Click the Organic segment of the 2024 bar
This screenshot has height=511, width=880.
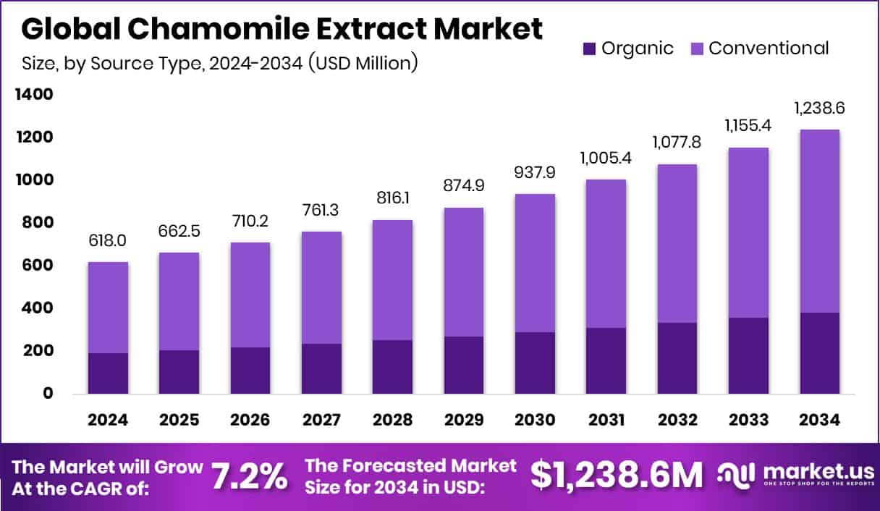(x=108, y=373)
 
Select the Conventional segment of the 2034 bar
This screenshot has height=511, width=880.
(x=820, y=221)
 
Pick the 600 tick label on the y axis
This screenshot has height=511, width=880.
(x=37, y=266)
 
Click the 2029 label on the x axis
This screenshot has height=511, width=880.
(x=464, y=421)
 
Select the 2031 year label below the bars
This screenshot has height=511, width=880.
(x=606, y=421)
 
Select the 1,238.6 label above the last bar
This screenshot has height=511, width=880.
(x=820, y=109)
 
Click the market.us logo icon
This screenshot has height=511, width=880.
(x=736, y=474)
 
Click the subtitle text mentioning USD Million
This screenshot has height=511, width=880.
(x=219, y=64)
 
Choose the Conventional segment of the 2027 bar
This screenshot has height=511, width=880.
(x=321, y=287)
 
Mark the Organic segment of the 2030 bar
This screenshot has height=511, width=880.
(x=535, y=363)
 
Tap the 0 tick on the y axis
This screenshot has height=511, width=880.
(x=48, y=394)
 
